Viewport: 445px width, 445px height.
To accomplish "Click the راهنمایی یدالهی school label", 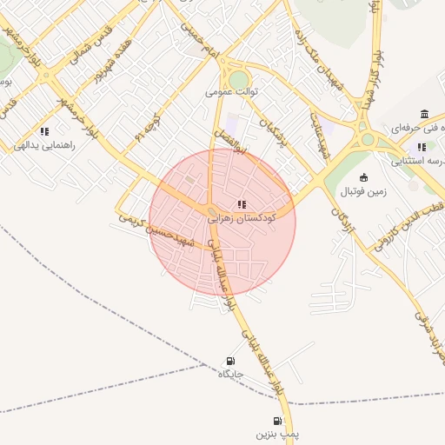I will click(44, 145).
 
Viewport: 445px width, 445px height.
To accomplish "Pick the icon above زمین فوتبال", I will click(363, 177).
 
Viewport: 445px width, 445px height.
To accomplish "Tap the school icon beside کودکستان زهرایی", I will click(242, 204).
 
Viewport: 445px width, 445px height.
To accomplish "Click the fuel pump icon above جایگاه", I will click(229, 361).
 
